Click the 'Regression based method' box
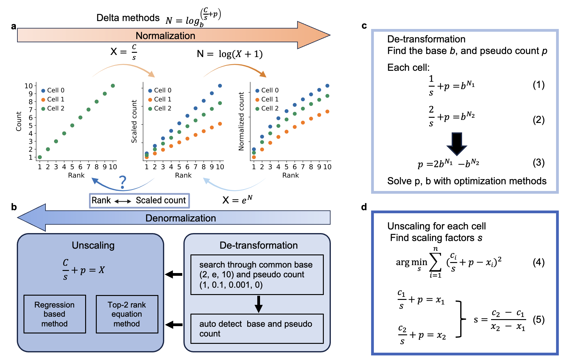click(55, 314)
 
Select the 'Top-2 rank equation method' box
click(127, 314)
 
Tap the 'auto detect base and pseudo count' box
click(257, 329)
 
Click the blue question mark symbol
click(122, 182)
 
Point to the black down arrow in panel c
click(457, 144)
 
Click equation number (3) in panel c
click(538, 162)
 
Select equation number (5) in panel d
click(538, 320)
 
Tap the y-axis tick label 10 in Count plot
click(29, 86)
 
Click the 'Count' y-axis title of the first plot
click(19, 121)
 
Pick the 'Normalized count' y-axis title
click(241, 121)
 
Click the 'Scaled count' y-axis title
click(134, 121)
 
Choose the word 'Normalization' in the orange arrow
click(165, 36)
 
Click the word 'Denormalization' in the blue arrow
click(180, 218)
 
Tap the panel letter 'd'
click(364, 207)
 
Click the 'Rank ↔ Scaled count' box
click(139, 200)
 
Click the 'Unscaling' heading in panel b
click(93, 245)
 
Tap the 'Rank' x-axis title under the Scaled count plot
click(183, 175)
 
